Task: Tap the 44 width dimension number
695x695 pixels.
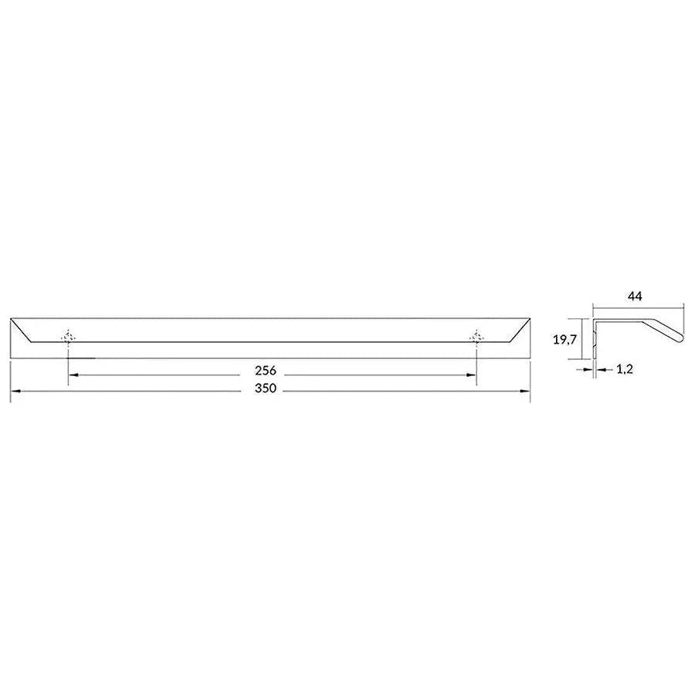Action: (636, 296)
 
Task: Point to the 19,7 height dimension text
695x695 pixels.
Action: (564, 338)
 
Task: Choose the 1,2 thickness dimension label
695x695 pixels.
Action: (625, 370)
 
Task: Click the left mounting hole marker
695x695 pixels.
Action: (69, 337)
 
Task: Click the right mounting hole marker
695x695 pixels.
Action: (476, 337)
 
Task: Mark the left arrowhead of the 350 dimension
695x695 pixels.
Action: (14, 392)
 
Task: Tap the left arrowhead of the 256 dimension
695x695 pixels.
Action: (73, 375)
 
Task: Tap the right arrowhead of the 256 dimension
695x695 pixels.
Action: (472, 375)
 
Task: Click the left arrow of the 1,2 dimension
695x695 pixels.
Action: (588, 370)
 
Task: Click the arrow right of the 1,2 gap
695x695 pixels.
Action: (600, 370)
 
